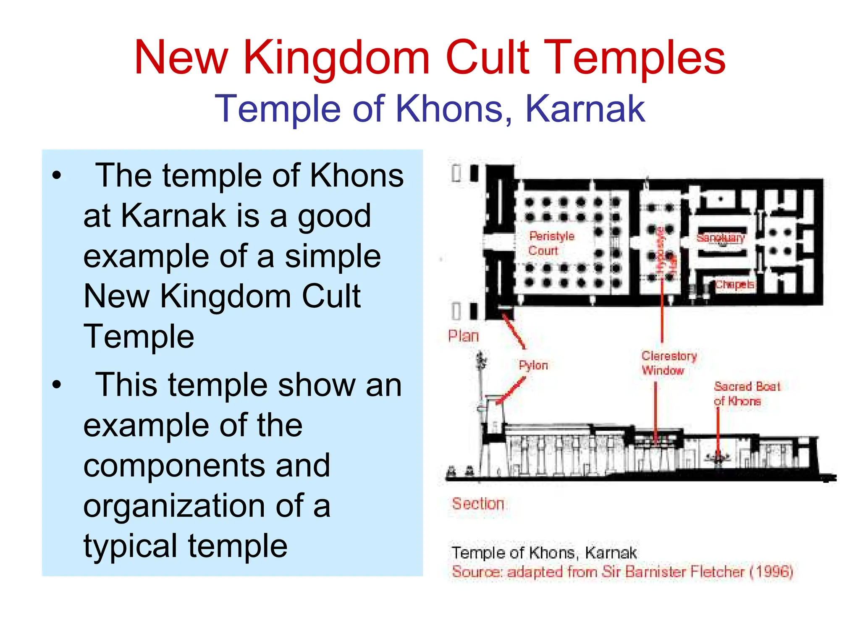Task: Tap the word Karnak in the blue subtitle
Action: coord(585,109)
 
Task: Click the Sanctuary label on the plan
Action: coord(720,238)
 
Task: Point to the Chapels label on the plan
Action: coord(734,285)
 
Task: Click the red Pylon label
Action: coord(533,365)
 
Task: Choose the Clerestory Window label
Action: coord(669,363)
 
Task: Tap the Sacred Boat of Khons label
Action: coord(746,393)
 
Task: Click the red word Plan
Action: coord(463,336)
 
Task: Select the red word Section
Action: coord(478,503)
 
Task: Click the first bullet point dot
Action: coord(57,175)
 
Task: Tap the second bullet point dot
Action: coord(57,385)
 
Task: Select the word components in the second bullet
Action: coord(207,465)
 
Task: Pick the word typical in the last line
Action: coord(130,546)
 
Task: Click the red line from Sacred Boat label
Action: coord(718,432)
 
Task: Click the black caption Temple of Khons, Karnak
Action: coord(544,552)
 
